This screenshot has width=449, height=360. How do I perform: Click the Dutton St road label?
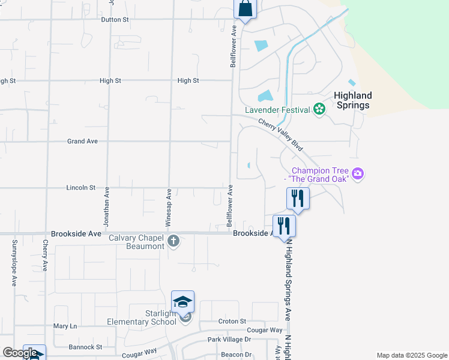[115, 20]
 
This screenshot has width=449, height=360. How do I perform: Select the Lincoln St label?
[80, 188]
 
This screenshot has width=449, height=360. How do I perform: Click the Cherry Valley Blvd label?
[281, 134]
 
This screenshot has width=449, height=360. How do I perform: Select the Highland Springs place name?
[352, 100]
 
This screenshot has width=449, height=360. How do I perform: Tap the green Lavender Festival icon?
[319, 109]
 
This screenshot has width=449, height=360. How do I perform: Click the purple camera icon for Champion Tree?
[358, 174]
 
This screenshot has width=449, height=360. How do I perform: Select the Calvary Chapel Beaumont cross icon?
[173, 242]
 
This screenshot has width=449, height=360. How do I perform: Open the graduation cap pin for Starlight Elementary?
[183, 301]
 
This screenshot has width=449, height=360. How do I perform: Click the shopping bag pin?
[245, 8]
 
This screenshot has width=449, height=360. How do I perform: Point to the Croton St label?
[232, 322]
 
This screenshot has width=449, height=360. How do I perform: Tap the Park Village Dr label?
[229, 340]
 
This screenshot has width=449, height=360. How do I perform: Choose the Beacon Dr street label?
[236, 355]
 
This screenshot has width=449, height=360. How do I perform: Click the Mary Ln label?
[65, 326]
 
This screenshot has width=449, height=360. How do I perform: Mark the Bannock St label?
[86, 347]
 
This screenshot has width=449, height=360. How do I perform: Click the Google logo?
[20, 353]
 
